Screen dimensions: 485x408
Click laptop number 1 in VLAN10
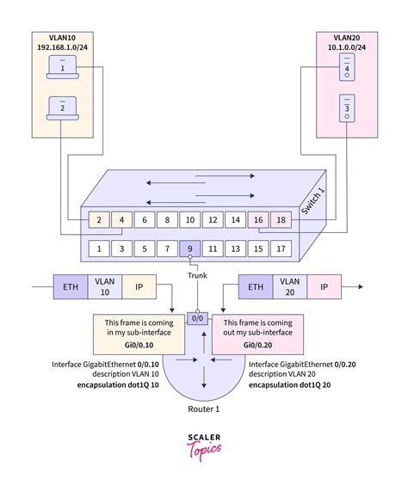click(63, 67)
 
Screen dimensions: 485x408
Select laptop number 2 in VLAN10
click(63, 107)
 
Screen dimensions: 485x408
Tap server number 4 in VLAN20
click(347, 67)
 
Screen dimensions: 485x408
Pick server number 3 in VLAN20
click(347, 108)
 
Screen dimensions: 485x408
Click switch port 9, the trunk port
click(190, 249)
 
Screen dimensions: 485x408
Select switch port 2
click(101, 220)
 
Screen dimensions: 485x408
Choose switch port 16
click(257, 220)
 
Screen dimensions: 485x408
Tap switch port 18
click(280, 220)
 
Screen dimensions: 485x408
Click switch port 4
click(123, 220)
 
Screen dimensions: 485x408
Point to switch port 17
click(280, 249)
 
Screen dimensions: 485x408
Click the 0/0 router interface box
click(197, 317)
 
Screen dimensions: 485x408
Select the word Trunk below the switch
click(198, 275)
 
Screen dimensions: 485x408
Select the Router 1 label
click(204, 410)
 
